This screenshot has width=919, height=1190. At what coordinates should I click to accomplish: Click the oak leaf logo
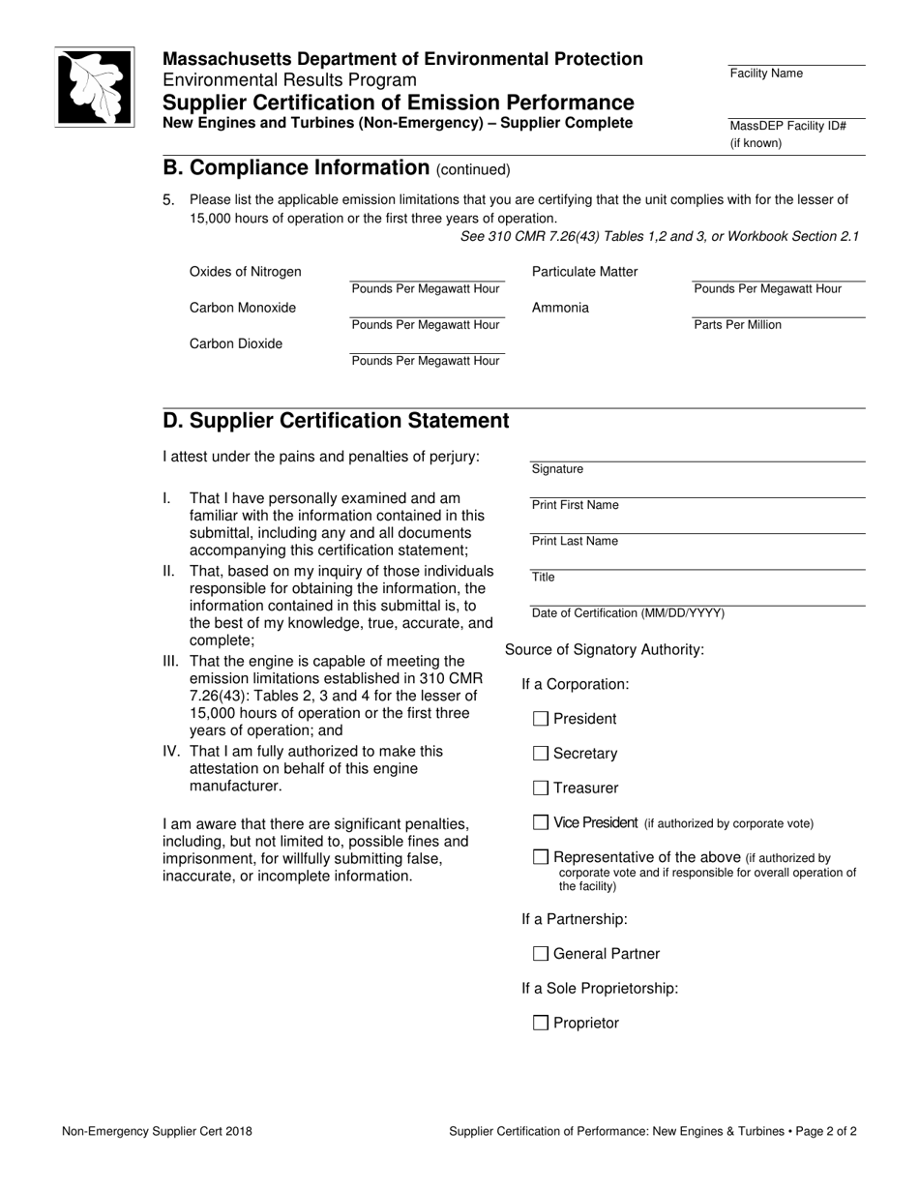(94, 87)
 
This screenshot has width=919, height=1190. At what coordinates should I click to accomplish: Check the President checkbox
(541, 719)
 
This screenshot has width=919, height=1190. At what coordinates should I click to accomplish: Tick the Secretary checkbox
(541, 754)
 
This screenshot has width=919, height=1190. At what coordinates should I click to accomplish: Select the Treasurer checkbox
(541, 788)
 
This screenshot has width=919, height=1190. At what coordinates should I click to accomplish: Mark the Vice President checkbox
(541, 822)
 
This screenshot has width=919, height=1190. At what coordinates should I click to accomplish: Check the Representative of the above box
(541, 857)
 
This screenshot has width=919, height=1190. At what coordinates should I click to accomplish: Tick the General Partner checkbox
(541, 954)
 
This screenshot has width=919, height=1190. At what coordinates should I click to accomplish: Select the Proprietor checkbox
(541, 1024)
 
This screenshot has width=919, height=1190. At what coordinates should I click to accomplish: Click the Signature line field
(697, 453)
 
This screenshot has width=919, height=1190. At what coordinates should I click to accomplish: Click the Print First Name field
(697, 489)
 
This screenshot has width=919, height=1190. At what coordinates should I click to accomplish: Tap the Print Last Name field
(697, 524)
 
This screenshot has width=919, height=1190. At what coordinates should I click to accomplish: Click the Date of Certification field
(697, 596)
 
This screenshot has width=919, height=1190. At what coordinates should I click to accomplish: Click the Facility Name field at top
(796, 57)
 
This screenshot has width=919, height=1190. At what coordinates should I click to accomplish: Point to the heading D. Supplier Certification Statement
(336, 421)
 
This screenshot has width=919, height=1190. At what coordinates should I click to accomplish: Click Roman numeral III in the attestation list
(171, 662)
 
